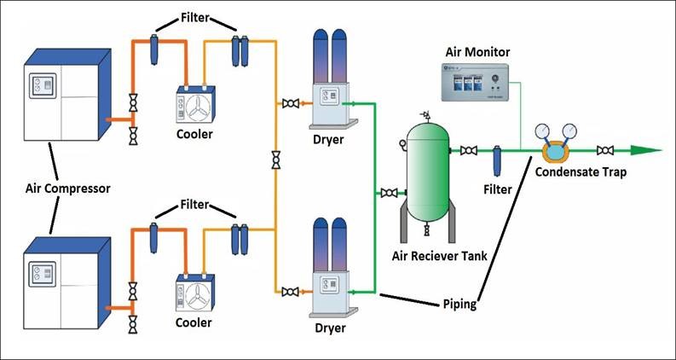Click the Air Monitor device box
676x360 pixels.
478,85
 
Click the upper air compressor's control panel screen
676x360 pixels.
40,87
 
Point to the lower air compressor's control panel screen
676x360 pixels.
40,275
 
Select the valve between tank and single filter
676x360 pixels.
468,151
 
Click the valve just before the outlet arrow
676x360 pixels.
606,151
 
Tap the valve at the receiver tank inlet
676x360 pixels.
390,193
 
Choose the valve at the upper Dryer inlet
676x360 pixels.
291,103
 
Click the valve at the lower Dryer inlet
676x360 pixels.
291,292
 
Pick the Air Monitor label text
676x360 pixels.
478,52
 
